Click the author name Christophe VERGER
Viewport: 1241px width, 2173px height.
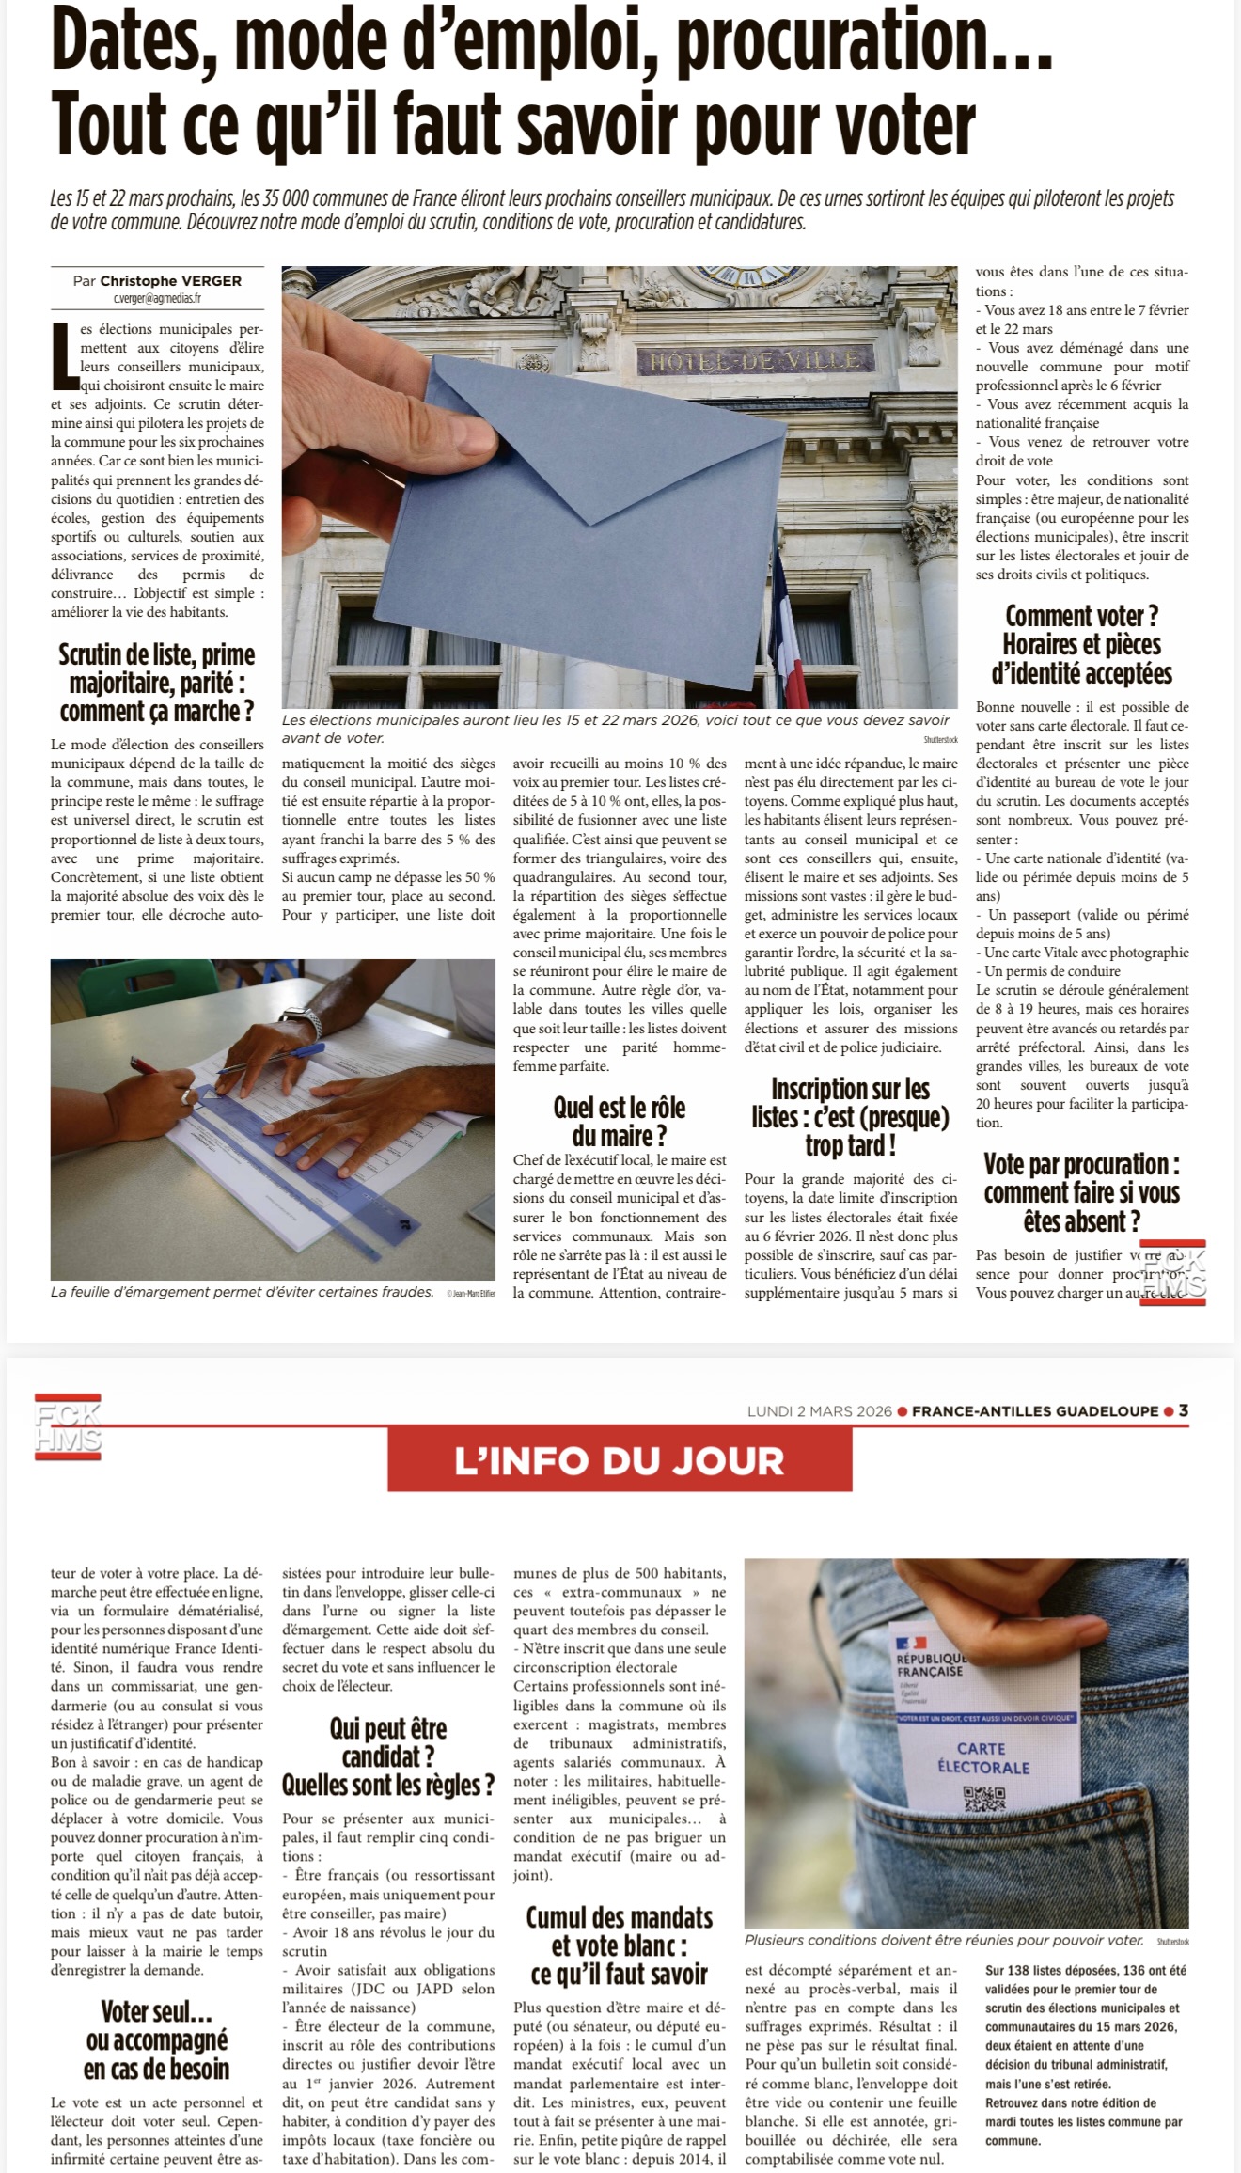point(171,280)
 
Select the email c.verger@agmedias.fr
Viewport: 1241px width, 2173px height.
point(157,298)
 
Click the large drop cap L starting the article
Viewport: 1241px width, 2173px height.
point(64,355)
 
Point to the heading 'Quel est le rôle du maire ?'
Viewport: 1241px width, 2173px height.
point(620,1121)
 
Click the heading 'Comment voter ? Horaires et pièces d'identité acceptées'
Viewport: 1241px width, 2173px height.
point(1082,645)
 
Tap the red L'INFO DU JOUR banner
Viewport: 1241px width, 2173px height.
point(620,1461)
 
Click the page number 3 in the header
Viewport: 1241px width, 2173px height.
point(1184,1410)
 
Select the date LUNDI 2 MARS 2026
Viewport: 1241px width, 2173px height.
point(819,1411)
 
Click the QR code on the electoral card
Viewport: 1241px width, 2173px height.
point(984,1798)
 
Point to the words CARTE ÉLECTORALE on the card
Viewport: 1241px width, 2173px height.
point(982,1757)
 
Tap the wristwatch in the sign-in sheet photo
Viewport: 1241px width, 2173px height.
point(300,1020)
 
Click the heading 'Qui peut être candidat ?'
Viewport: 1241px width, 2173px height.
point(388,1757)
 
